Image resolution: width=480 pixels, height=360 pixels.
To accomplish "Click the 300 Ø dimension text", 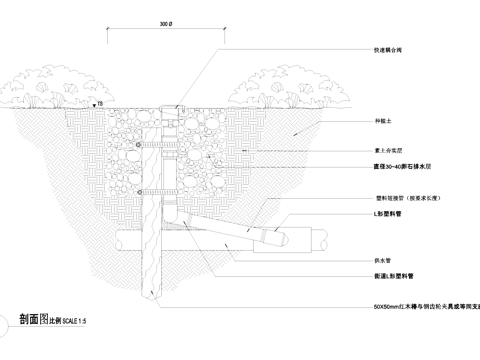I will click(168, 23).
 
